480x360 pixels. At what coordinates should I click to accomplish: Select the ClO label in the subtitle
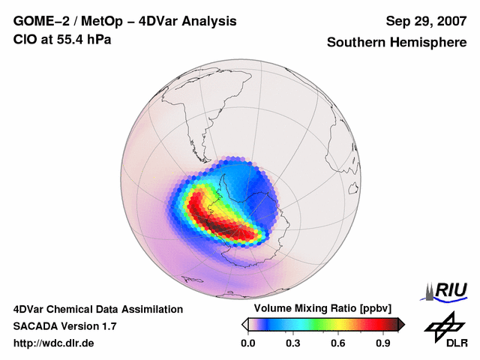[x=25, y=39]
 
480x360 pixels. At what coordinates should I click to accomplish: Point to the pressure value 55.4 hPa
[x=82, y=39]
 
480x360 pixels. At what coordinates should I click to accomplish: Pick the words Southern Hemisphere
[x=396, y=43]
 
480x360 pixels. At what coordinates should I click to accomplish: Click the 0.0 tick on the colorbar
[x=247, y=343]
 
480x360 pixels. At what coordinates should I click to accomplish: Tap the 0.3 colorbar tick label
[x=293, y=343]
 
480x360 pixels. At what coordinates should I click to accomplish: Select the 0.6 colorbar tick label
[x=339, y=343]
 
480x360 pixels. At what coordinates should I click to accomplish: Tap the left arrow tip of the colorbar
[x=244, y=324]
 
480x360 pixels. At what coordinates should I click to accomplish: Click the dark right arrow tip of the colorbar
[x=401, y=324]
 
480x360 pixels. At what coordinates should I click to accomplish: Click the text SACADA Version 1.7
[x=64, y=326]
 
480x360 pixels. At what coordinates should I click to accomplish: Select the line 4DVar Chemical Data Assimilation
[x=98, y=309]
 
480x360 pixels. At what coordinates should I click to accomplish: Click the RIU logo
[x=444, y=291]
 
